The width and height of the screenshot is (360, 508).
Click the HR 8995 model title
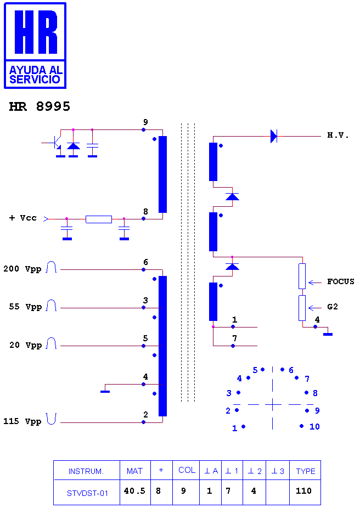(40, 106)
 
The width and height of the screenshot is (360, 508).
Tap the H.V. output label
(338, 136)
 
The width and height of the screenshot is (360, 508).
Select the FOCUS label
(341, 281)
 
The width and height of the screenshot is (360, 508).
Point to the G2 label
(333, 307)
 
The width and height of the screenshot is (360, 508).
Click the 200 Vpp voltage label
(22, 269)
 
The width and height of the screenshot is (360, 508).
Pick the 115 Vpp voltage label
(22, 421)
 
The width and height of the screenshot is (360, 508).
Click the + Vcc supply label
(22, 218)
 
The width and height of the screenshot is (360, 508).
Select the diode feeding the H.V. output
(274, 136)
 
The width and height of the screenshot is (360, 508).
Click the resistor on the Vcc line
(99, 219)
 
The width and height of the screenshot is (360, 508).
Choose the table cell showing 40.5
(134, 491)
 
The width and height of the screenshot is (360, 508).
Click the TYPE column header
(306, 471)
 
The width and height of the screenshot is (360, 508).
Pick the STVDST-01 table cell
(87, 493)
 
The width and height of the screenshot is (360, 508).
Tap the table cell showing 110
(303, 491)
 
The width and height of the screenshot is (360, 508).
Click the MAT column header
(134, 471)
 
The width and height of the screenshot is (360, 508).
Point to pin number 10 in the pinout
(314, 426)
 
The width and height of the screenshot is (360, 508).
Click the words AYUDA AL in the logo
(36, 70)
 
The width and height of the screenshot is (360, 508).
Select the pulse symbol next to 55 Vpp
(51, 306)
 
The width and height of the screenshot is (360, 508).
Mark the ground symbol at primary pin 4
(105, 391)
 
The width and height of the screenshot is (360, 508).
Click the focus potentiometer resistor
(302, 276)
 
